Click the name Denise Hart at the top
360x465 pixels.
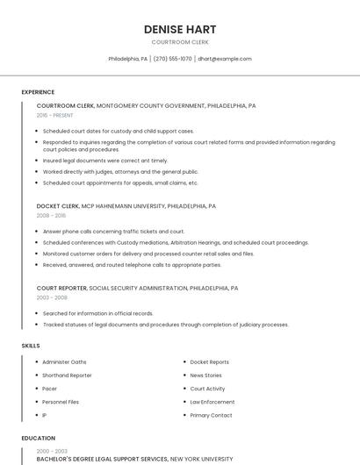180,29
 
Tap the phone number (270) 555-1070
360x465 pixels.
172,59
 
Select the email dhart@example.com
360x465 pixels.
225,59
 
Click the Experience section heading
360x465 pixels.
38,92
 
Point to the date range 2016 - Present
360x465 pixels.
55,115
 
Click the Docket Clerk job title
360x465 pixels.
58,206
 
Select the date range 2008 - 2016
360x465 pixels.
51,215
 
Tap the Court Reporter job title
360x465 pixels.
61,288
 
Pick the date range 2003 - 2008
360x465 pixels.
52,297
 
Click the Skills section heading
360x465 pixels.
31,346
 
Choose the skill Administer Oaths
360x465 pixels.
64,362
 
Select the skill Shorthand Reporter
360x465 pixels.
67,376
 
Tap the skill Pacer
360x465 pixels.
50,389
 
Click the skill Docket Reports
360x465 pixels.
209,362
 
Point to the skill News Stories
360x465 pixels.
205,376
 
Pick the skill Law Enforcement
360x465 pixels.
212,402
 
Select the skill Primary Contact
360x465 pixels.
211,415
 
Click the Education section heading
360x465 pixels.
38,438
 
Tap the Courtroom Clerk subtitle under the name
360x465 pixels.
180,42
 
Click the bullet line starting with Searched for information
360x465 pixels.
97,313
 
